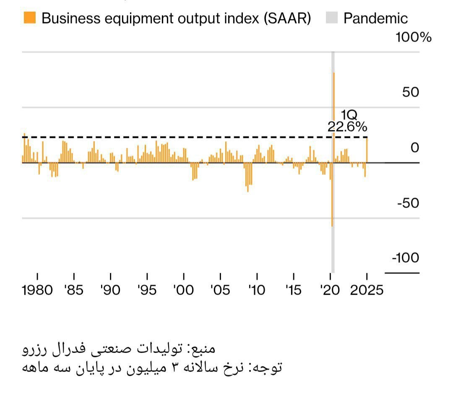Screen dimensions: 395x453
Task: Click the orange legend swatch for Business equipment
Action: pyautogui.click(x=30, y=18)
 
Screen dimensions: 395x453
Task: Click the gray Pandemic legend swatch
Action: pyautogui.click(x=331, y=18)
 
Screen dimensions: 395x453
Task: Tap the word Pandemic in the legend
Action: pyautogui.click(x=375, y=18)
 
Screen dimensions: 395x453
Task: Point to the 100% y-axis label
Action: pyautogui.click(x=414, y=37)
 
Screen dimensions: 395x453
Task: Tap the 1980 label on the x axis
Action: pyautogui.click(x=37, y=290)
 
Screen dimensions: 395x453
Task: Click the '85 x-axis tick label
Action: pyautogui.click(x=74, y=290)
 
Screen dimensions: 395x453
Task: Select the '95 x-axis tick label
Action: pyautogui.click(x=147, y=290)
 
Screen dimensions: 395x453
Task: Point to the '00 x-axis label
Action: pyautogui.click(x=183, y=290)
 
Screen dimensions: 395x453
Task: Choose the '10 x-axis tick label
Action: pyautogui.click(x=257, y=290)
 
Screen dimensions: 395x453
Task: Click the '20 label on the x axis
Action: pyautogui.click(x=330, y=290)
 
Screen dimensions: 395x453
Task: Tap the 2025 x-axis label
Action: pyautogui.click(x=367, y=290)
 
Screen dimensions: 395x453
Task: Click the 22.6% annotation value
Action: pyautogui.click(x=347, y=127)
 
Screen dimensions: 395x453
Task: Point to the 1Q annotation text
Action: pyautogui.click(x=349, y=115)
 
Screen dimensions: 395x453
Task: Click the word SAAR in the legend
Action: pyautogui.click(x=287, y=18)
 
